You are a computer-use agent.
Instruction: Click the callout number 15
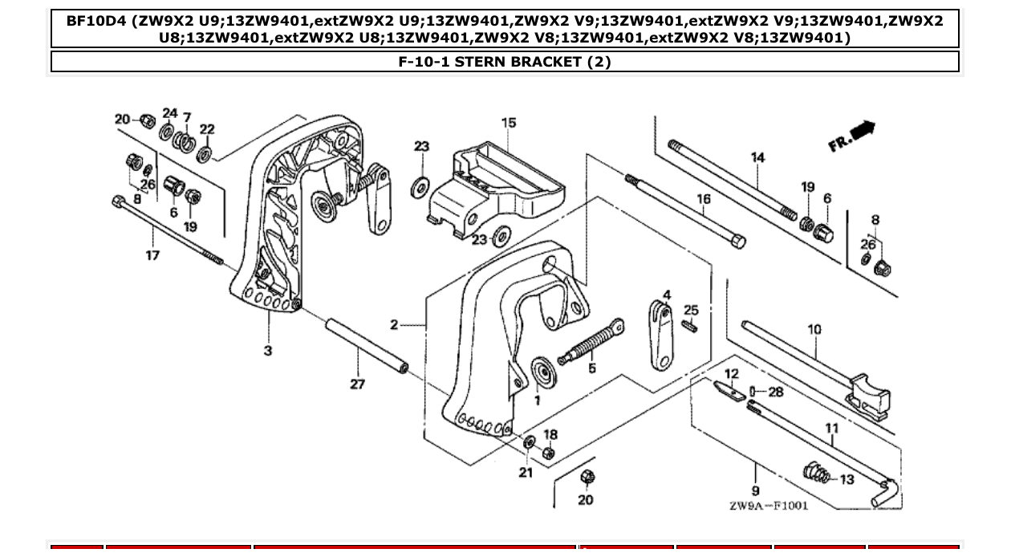[509, 123]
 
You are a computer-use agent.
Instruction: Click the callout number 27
[357, 384]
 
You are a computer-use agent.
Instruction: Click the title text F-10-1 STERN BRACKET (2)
[505, 62]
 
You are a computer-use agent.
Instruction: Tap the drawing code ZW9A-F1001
[768, 506]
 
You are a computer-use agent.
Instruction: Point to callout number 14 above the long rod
[758, 157]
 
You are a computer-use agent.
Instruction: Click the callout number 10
[814, 329]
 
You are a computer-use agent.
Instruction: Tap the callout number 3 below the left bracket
[268, 351]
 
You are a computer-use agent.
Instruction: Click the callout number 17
[152, 255]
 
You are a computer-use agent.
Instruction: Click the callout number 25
[691, 310]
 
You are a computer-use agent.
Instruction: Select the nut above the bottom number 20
[587, 478]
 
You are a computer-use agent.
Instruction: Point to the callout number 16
[703, 199]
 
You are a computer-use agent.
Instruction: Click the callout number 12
[731, 374]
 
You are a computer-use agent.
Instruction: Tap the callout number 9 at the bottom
[756, 490]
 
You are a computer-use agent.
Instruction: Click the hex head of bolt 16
[739, 242]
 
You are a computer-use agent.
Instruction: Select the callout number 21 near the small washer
[525, 472]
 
